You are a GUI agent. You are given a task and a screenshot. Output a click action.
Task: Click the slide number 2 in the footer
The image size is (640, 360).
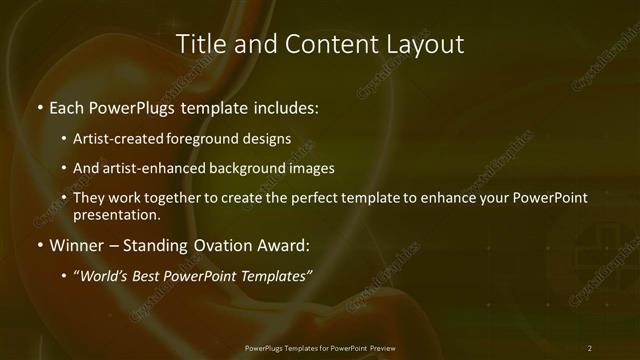589,348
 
